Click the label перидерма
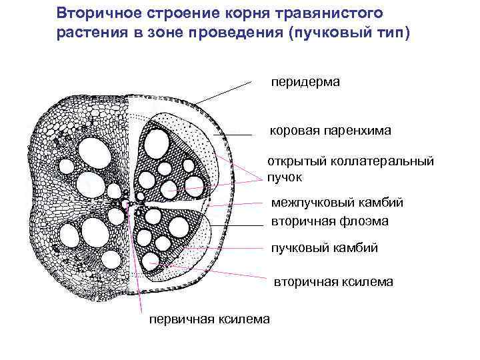305,82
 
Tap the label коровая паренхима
331,131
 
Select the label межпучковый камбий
337,203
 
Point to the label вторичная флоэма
330,221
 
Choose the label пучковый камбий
325,248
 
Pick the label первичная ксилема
209,319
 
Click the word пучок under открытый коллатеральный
285,177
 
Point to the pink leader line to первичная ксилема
139,267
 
